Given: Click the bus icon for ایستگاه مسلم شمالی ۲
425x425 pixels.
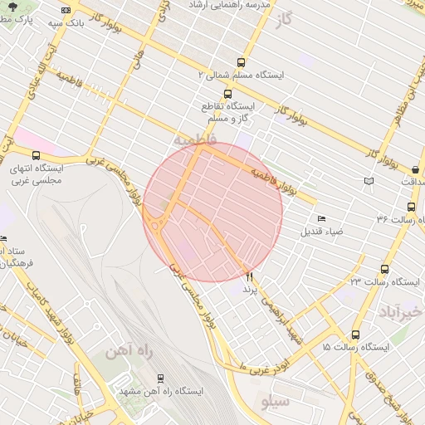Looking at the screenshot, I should pyautogui.click(x=241, y=62).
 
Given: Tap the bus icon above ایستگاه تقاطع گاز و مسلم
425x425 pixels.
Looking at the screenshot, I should pyautogui.click(x=205, y=93).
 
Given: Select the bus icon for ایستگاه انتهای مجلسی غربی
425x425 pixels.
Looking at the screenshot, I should pyautogui.click(x=36, y=154).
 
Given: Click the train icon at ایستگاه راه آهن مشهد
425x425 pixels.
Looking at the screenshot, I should pyautogui.click(x=160, y=378).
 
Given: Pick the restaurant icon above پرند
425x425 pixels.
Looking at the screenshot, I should pyautogui.click(x=250, y=277).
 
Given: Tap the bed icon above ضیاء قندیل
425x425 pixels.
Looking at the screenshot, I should pyautogui.click(x=321, y=218).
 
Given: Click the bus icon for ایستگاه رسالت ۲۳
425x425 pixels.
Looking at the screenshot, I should pyautogui.click(x=384, y=269).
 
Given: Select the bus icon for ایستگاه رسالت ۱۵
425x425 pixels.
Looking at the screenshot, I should pyautogui.click(x=355, y=333).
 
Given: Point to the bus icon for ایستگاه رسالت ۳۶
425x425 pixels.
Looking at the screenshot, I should pyautogui.click(x=411, y=207).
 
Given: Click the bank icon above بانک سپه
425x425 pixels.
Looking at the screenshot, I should pyautogui.click(x=66, y=9).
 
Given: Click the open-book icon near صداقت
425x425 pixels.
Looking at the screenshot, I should pyautogui.click(x=369, y=181).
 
